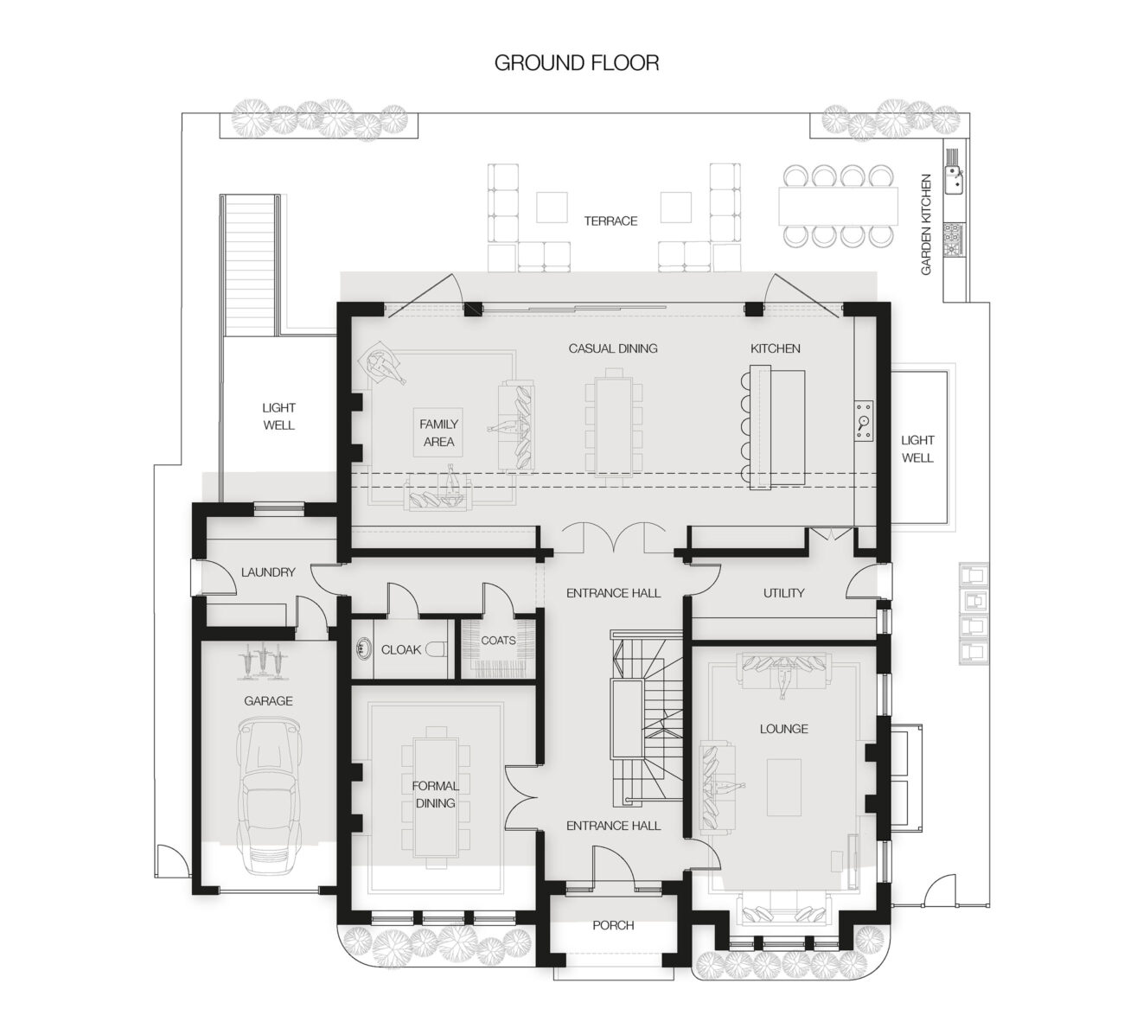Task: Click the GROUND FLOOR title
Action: tap(576, 63)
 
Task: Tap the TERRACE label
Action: tap(610, 220)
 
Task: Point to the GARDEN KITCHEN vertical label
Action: tap(926, 224)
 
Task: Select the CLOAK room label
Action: tap(400, 649)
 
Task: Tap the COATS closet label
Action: tap(498, 640)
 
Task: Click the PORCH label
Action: tap(613, 925)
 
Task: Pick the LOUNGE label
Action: tap(783, 729)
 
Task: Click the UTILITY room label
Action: tap(783, 592)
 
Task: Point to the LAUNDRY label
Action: tap(268, 571)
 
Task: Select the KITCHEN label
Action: tap(775, 348)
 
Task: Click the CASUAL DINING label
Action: tap(612, 348)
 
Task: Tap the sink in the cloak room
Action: tap(363, 648)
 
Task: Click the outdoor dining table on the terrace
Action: tap(838, 206)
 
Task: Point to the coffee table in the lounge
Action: tap(783, 787)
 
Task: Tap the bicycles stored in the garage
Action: tap(262, 662)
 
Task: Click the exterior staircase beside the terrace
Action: tap(251, 265)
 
